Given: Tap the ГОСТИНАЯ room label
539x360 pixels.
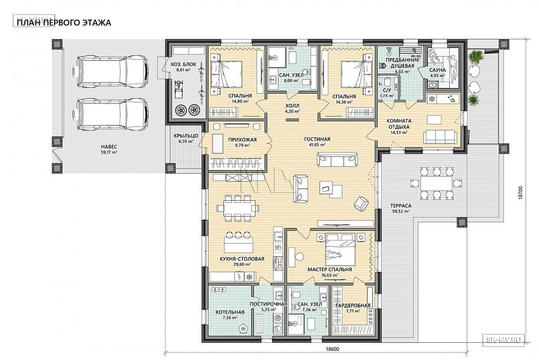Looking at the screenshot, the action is pos(317,139).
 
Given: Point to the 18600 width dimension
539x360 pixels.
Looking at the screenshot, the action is pos(332,350).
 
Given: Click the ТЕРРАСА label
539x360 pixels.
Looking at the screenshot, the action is pos(401,206).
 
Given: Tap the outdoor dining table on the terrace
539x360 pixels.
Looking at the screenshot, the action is pos(436,183).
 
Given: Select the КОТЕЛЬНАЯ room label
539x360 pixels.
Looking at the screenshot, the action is pos(230,312).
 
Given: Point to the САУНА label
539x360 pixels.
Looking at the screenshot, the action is pos(437,70).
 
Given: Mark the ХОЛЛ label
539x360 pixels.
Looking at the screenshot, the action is pos(292,106).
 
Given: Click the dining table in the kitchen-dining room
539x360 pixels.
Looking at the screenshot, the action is pos(238,207).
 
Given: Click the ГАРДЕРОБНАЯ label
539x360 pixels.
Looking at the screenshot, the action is pos(353,305).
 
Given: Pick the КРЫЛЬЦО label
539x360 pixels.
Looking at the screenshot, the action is pos(184,135).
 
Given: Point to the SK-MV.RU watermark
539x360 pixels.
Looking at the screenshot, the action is pos(504,340).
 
